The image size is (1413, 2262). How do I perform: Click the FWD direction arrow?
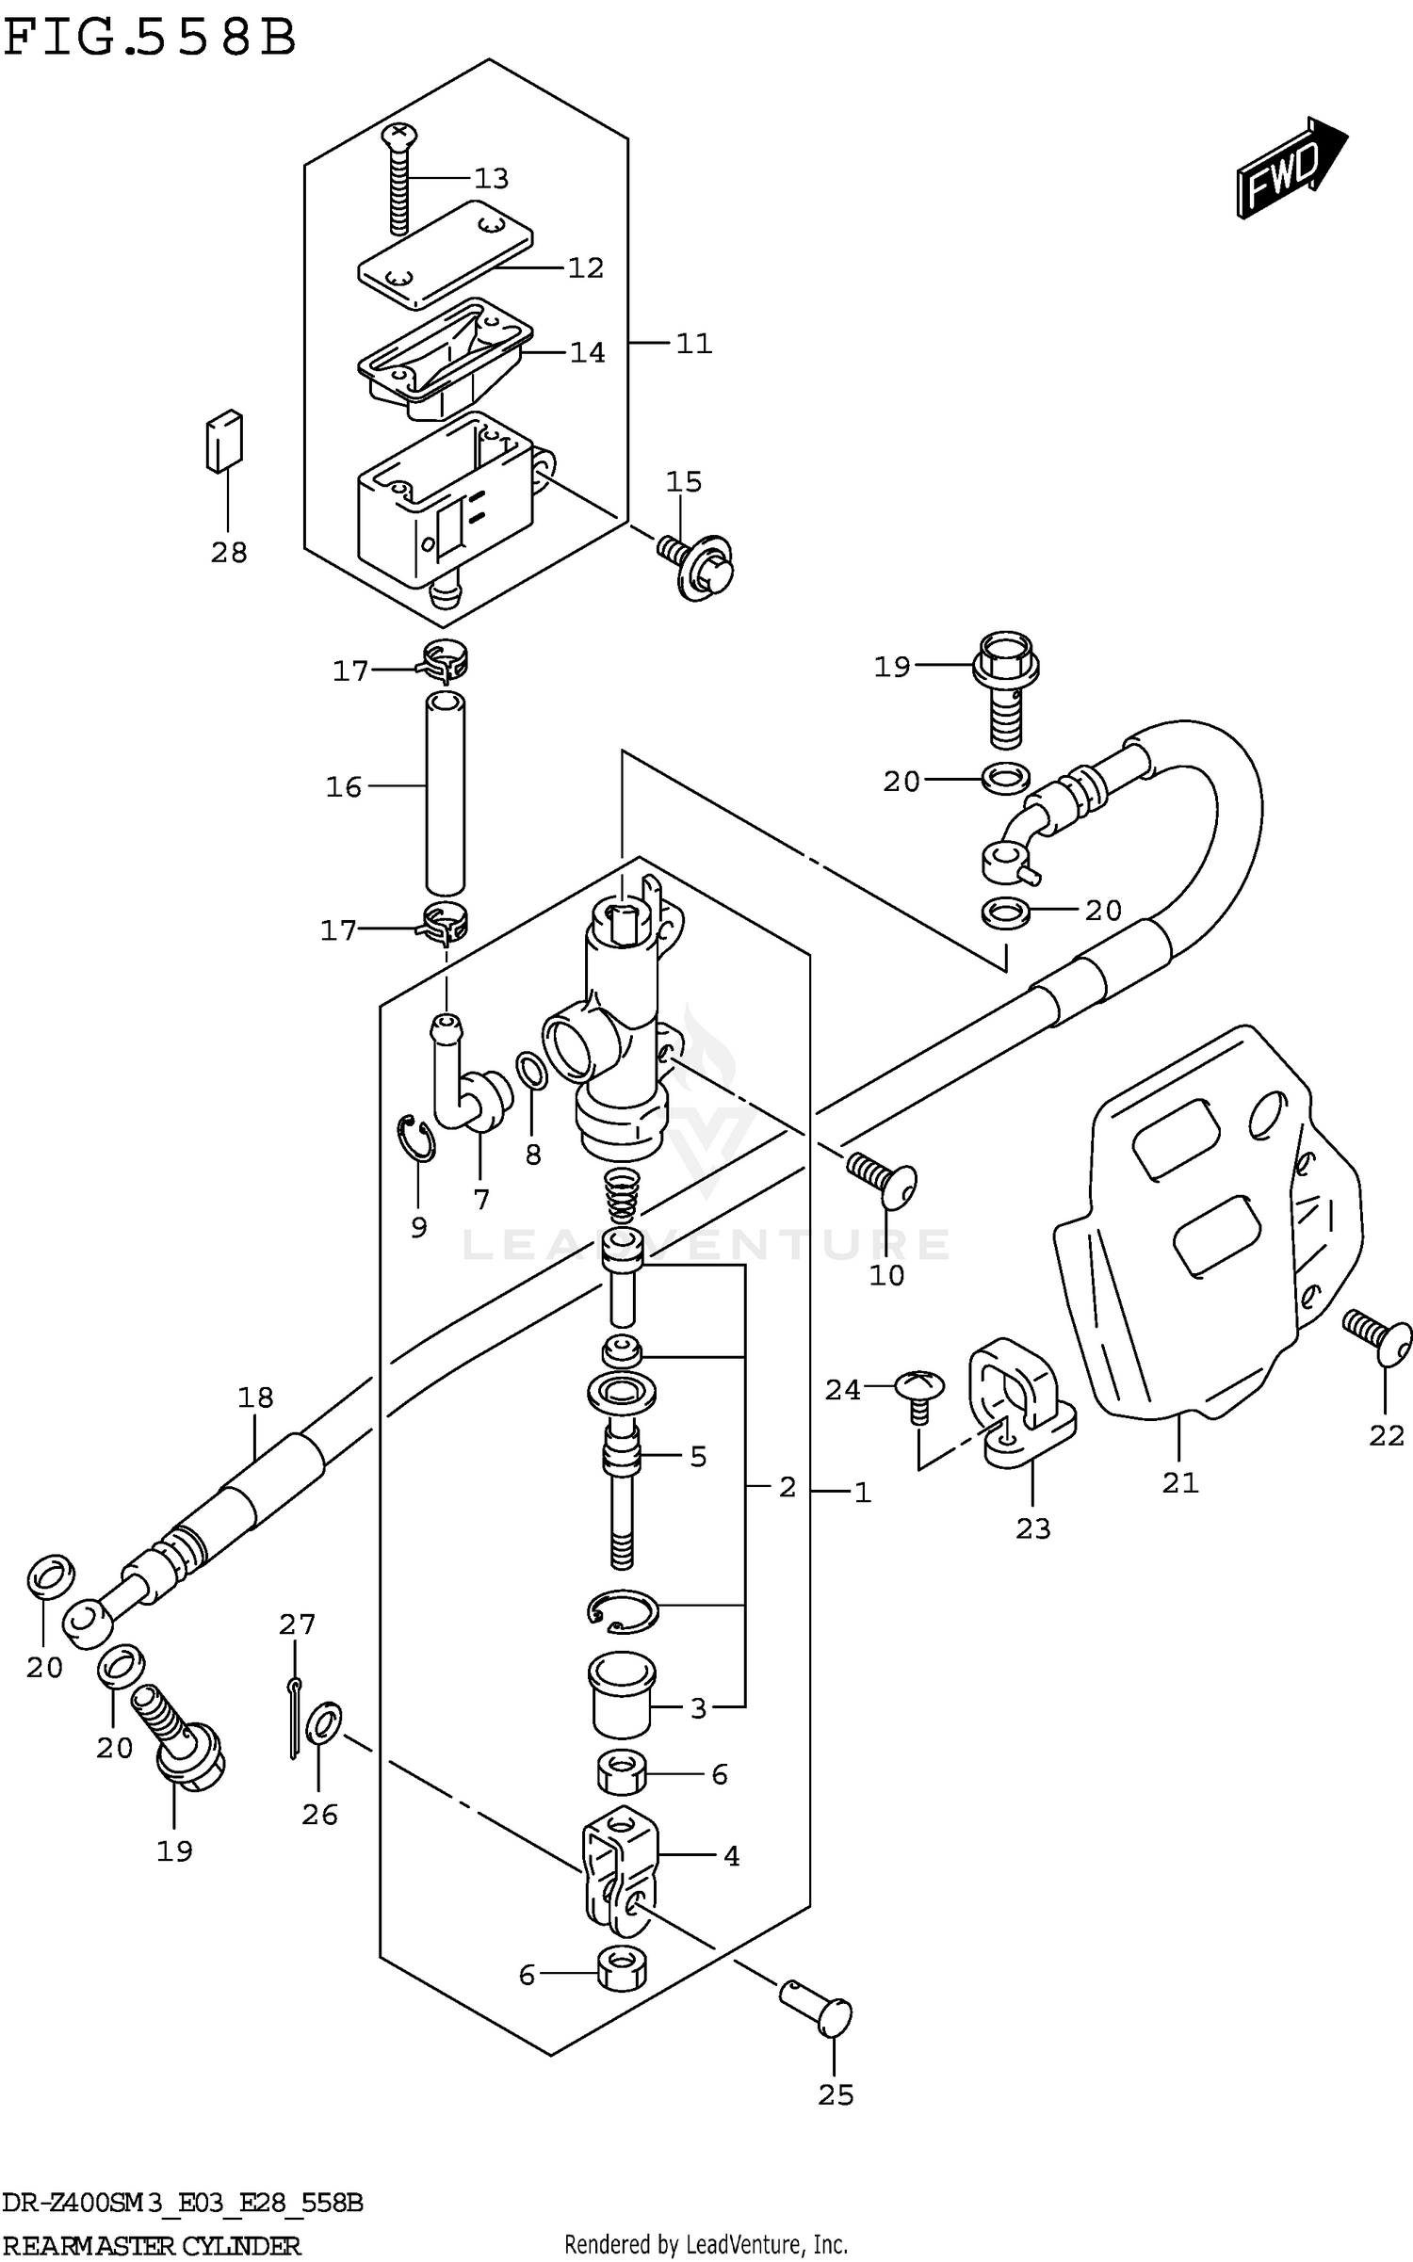point(1291,168)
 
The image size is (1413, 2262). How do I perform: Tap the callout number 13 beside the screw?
point(491,178)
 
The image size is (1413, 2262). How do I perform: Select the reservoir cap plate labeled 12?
point(446,253)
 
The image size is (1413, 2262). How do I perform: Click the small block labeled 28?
point(224,441)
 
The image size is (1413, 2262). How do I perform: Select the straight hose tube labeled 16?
point(445,792)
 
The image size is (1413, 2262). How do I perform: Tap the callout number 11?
point(693,344)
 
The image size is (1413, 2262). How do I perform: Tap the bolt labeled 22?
point(1380,1334)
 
